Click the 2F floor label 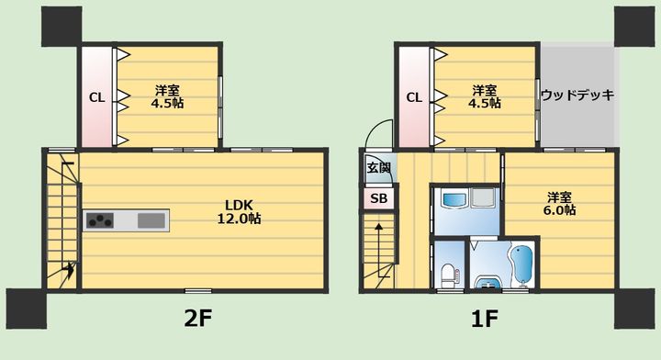click(198, 318)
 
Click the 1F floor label click(485, 318)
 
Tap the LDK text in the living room click(241, 205)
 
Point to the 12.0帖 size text click(241, 219)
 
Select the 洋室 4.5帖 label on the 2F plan click(168, 96)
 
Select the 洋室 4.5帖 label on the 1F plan click(486, 96)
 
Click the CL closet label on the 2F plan click(95, 97)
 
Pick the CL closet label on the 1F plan click(414, 97)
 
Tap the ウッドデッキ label click(577, 95)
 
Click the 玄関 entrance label click(378, 168)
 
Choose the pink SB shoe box click(378, 198)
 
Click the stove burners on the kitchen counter click(99, 220)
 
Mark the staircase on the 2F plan click(62, 220)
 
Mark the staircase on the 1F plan click(378, 250)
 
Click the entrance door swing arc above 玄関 click(376, 138)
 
